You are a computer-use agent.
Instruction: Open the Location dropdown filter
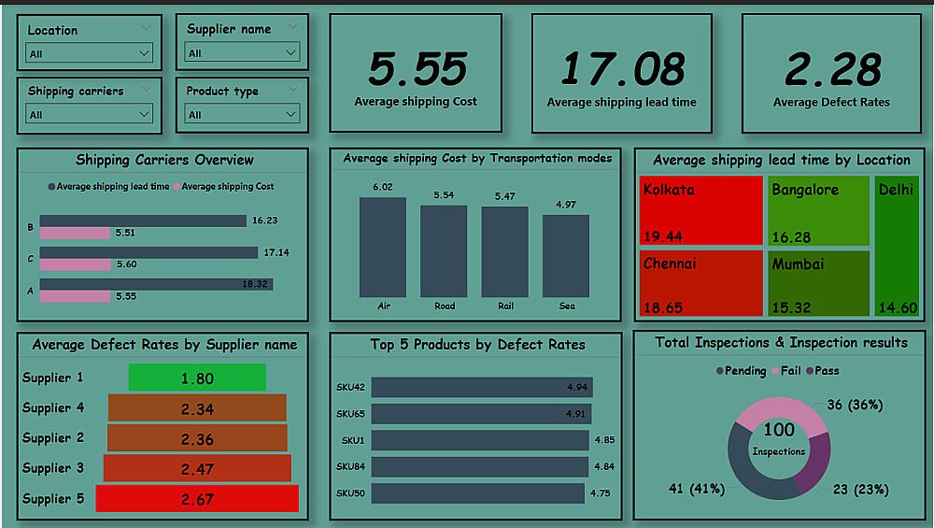pyautogui.click(x=90, y=54)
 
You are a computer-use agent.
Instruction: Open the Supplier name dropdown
pyautogui.click(x=242, y=53)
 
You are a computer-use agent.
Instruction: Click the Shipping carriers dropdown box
pyautogui.click(x=90, y=115)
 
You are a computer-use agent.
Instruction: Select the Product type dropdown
pyautogui.click(x=242, y=115)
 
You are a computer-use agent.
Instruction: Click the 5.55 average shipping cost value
pyautogui.click(x=417, y=69)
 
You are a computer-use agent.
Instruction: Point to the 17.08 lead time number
pyautogui.click(x=622, y=69)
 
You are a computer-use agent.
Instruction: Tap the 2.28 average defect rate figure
pyautogui.click(x=831, y=69)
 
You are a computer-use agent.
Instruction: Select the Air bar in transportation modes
pyautogui.click(x=383, y=248)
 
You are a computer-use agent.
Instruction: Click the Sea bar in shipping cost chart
pyautogui.click(x=566, y=256)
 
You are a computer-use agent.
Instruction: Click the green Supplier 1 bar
pyautogui.click(x=197, y=378)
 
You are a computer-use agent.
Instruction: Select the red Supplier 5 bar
pyautogui.click(x=197, y=499)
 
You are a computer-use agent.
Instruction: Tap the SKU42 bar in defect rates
pyautogui.click(x=481, y=387)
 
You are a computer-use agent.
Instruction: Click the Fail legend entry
pyautogui.click(x=785, y=371)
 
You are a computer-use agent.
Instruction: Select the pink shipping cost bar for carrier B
pyautogui.click(x=75, y=233)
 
